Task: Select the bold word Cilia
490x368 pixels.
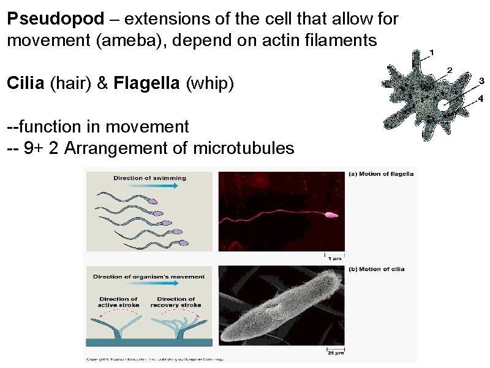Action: [25, 83]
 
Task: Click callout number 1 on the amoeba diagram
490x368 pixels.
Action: [432, 52]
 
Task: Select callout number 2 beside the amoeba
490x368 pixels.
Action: [450, 69]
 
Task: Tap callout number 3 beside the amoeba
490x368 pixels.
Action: [481, 81]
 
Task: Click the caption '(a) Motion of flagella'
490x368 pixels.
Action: [381, 174]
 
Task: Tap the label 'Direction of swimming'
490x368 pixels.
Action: [149, 178]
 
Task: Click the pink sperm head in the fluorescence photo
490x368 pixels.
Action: [331, 215]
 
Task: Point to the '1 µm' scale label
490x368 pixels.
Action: [334, 258]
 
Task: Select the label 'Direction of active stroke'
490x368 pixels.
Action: [119, 302]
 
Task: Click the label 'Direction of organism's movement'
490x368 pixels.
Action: [149, 277]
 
